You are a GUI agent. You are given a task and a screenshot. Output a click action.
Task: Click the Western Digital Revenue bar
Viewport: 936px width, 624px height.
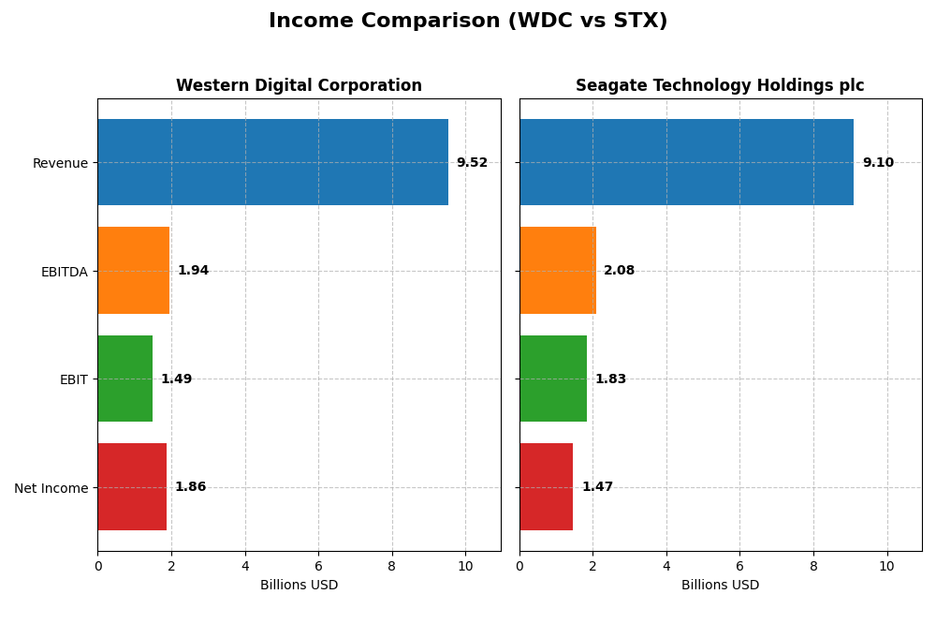coord(272,162)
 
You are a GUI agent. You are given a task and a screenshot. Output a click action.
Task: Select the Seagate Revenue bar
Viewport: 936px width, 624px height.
coord(686,162)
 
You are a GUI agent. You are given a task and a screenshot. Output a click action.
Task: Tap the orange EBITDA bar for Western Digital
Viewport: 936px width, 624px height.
coord(133,270)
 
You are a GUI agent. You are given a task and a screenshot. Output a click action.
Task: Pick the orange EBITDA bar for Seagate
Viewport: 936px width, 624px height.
coord(558,270)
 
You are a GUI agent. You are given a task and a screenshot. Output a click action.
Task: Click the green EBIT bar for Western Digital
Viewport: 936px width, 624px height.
coord(124,379)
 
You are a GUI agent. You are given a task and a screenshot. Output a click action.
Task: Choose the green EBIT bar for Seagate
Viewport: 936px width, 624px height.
coord(553,379)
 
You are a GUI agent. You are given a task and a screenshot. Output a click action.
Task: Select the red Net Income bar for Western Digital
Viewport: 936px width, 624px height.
coord(132,487)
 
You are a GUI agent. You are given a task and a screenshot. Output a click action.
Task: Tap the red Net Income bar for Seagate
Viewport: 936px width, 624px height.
coord(547,487)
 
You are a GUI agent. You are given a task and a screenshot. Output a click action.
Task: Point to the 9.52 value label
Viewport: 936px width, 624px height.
coord(472,163)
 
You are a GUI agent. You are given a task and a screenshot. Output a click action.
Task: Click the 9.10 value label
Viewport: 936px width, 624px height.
coord(878,163)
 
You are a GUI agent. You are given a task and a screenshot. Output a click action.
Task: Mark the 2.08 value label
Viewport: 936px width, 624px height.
coord(619,271)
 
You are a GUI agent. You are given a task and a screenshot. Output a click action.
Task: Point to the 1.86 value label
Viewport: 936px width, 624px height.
coord(190,487)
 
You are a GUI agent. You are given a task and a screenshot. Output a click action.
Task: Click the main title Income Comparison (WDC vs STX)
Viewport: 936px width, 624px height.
coord(468,22)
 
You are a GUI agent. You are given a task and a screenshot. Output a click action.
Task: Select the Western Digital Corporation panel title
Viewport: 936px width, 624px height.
coord(299,86)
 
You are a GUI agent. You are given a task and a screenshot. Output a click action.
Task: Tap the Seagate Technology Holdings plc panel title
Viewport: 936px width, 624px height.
coord(720,86)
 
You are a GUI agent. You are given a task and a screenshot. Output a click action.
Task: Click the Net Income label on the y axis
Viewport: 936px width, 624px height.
coord(51,488)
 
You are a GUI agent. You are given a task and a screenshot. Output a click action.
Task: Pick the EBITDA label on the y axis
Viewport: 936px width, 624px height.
coord(64,272)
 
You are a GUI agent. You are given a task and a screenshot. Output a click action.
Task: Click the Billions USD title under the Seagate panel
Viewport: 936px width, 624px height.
coord(720,586)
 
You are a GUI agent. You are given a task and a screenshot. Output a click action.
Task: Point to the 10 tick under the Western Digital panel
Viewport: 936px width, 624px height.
coord(465,566)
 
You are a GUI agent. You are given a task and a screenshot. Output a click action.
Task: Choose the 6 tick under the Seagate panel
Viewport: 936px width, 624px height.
coord(739,566)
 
